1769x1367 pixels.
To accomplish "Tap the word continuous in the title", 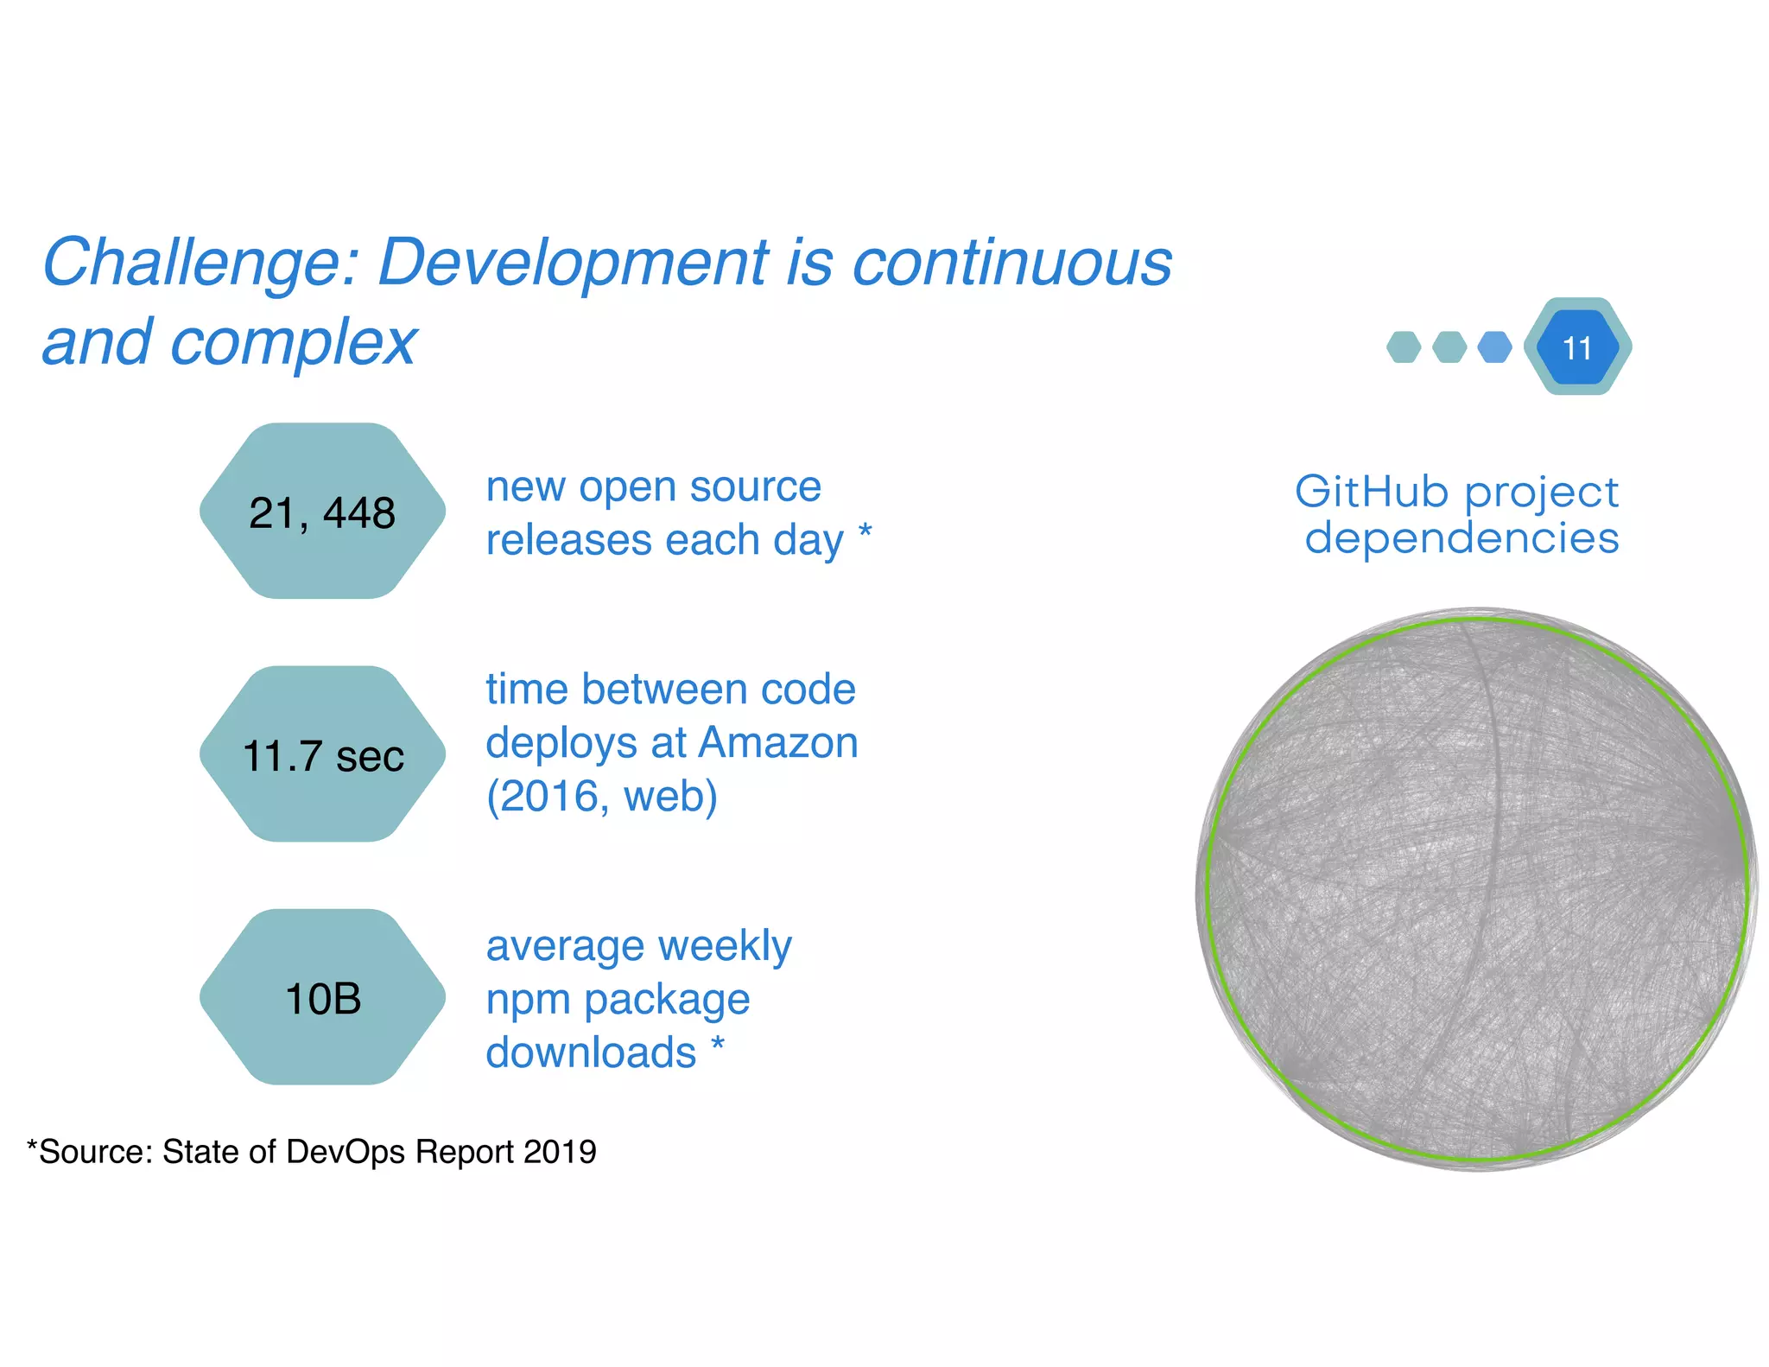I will [x=1011, y=263].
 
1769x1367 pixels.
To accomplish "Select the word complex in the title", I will [x=294, y=342].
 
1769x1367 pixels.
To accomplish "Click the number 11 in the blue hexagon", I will [x=1577, y=347].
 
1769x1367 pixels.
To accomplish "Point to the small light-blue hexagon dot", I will [x=1494, y=347].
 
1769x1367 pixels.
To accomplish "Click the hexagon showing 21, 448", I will [x=322, y=512].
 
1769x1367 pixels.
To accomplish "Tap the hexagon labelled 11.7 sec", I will [x=322, y=754].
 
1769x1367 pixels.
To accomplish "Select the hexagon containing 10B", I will [x=322, y=998].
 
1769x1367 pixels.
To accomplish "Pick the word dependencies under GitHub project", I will [x=1461, y=537].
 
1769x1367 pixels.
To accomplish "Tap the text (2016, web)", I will [x=602, y=796].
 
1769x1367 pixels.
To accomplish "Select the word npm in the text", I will [x=526, y=1001].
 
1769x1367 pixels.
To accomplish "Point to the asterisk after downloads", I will [x=717, y=1044].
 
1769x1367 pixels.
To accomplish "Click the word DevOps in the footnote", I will [x=346, y=1152].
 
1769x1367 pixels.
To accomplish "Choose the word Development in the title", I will [x=573, y=263].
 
